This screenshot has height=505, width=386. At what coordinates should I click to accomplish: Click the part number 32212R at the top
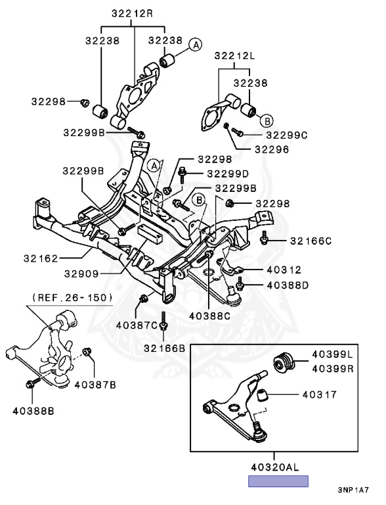(x=132, y=14)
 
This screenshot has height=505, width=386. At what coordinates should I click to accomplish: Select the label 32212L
(x=234, y=56)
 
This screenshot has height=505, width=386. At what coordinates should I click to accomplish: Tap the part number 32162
(x=41, y=258)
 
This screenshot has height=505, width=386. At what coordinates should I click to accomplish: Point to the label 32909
(x=81, y=274)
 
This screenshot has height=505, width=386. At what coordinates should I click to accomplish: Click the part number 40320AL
(x=275, y=467)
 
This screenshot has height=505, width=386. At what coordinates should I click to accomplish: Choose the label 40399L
(x=332, y=354)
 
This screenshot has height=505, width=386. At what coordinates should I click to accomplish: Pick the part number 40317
(x=320, y=395)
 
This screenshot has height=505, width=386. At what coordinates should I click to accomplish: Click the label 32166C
(x=311, y=241)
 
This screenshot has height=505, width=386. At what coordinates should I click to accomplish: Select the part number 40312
(x=284, y=270)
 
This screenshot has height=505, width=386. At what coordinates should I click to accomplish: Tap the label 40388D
(x=288, y=285)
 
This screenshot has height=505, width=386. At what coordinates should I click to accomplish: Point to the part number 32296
(x=272, y=149)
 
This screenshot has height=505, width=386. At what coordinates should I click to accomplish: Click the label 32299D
(x=228, y=174)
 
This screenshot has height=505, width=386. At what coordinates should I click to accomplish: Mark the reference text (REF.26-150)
(x=72, y=298)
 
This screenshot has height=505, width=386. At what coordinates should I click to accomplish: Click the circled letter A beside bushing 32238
(x=196, y=45)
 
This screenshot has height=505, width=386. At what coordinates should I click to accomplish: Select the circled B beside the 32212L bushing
(x=267, y=121)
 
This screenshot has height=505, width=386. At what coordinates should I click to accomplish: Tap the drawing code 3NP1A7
(x=353, y=490)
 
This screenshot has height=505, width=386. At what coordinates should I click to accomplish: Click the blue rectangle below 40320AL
(x=278, y=481)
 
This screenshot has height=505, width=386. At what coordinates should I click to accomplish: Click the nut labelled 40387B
(x=87, y=352)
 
